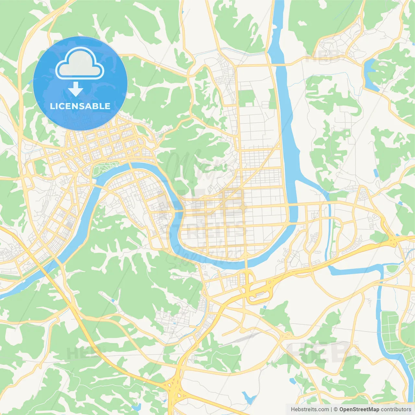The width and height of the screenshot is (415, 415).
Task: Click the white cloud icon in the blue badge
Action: click(x=80, y=63)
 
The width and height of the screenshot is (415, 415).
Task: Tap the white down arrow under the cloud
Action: click(x=76, y=89)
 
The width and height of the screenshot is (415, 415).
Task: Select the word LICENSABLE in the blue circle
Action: click(x=80, y=106)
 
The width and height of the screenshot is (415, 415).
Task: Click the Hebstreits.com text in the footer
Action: click(x=310, y=409)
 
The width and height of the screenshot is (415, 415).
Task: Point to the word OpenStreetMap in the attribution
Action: click(x=359, y=409)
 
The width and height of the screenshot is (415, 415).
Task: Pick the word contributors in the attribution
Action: click(x=396, y=409)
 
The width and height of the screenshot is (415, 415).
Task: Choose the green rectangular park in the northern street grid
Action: click(x=247, y=98)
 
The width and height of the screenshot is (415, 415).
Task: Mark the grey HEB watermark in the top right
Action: click(x=324, y=55)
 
